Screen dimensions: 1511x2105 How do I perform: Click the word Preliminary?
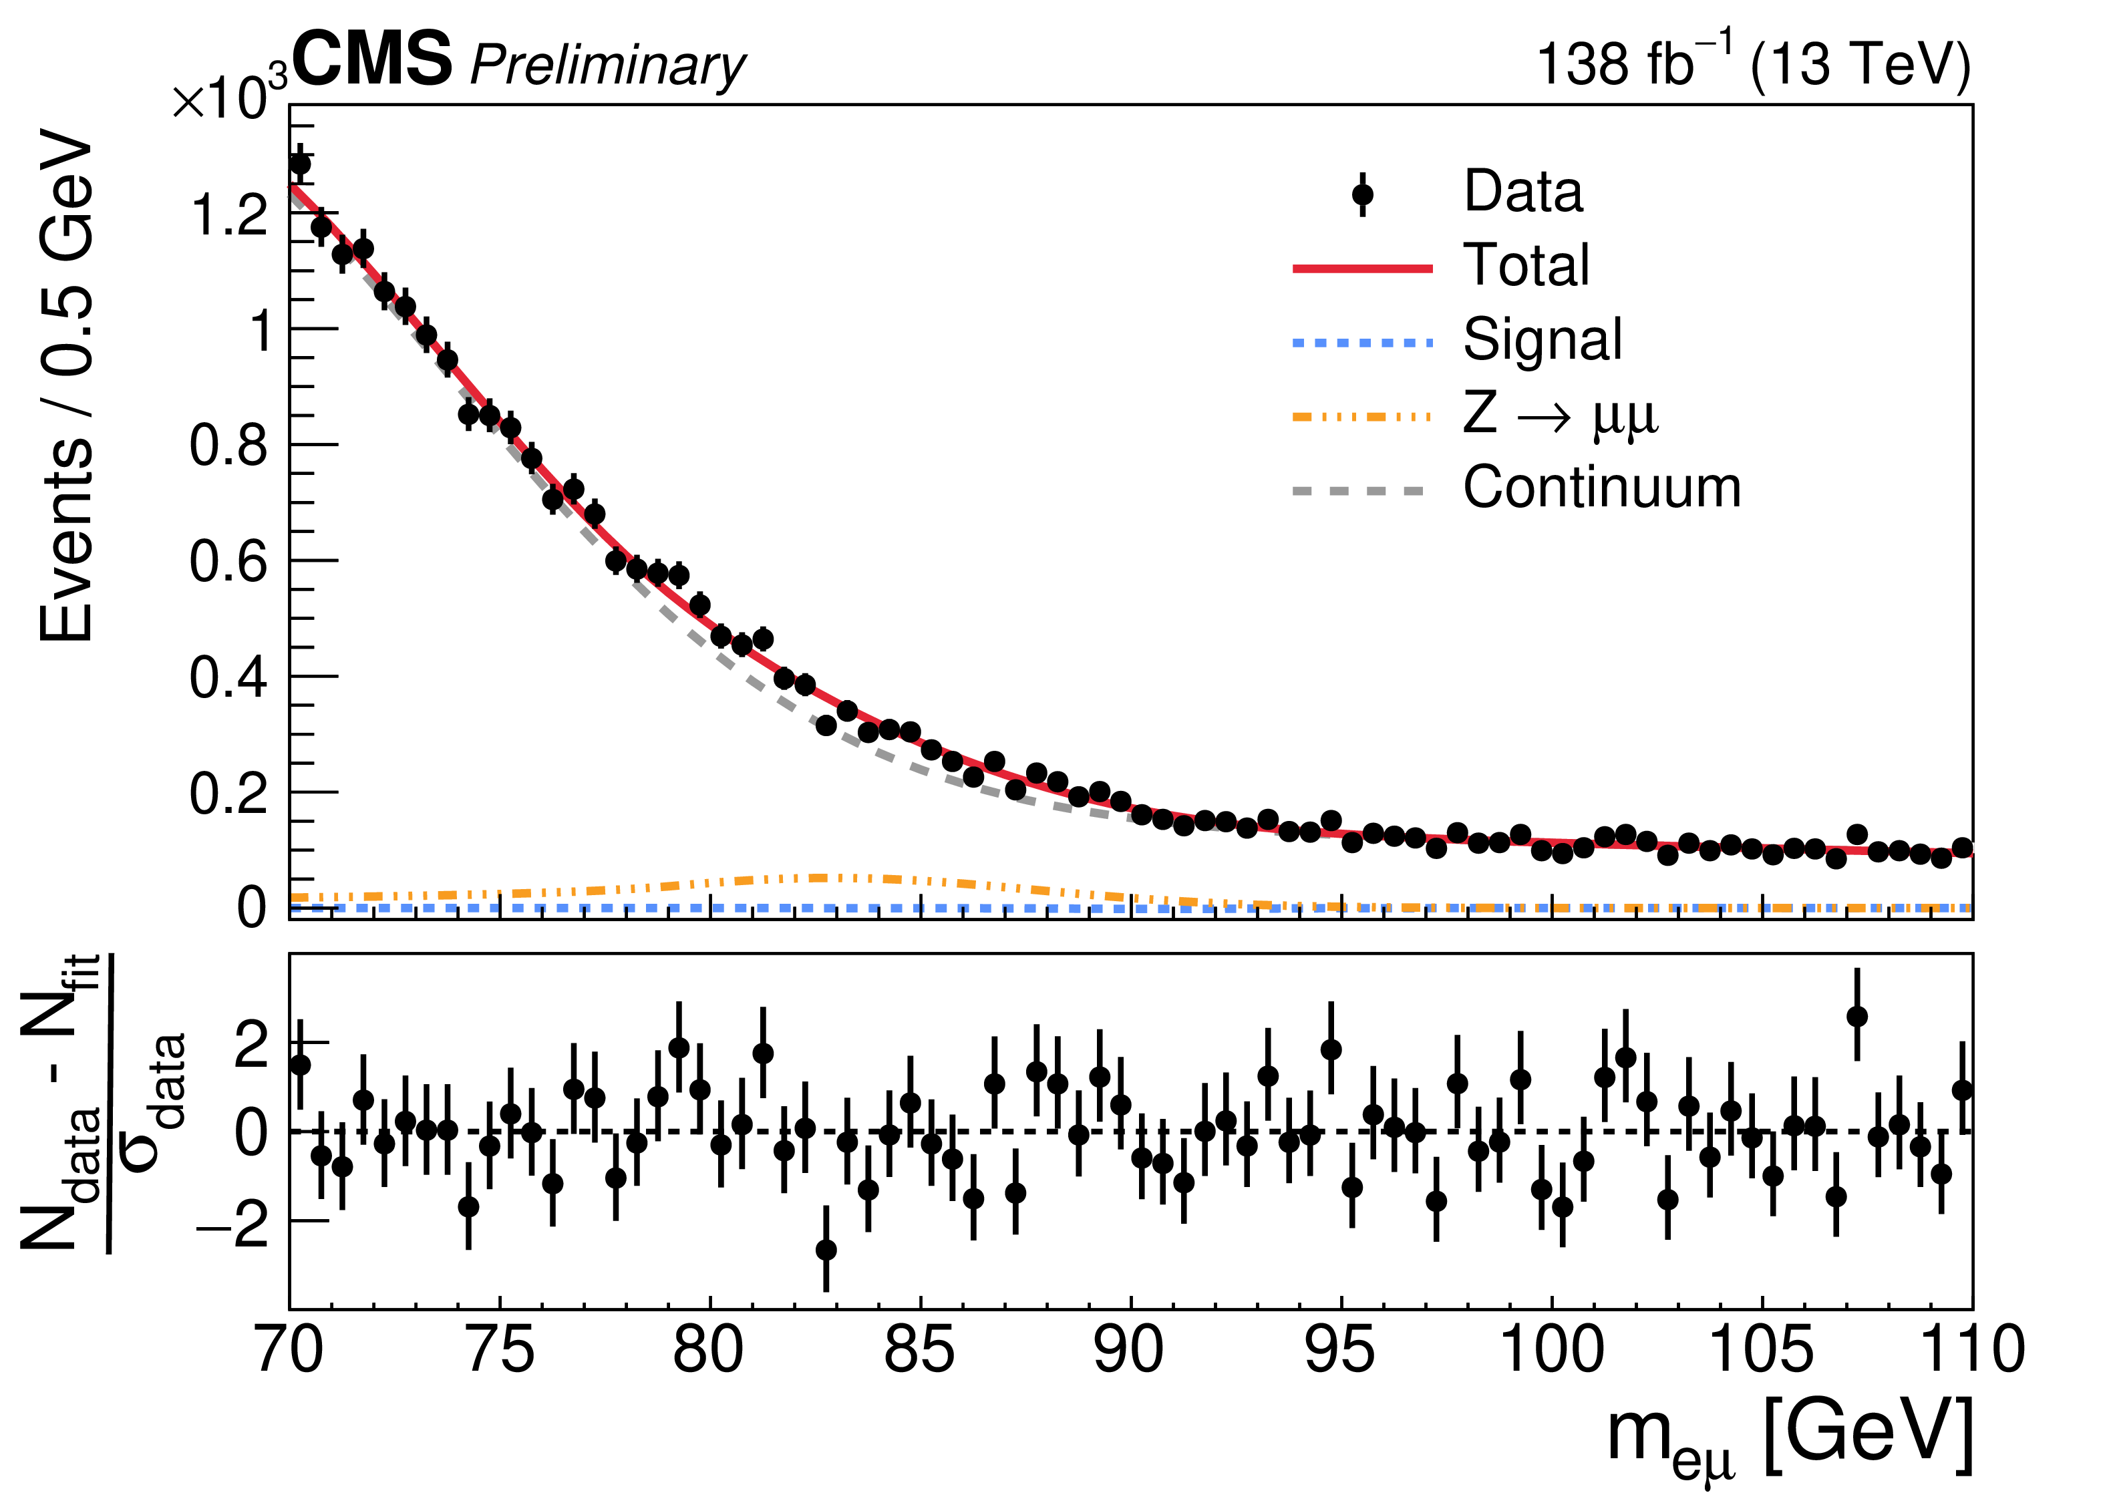608,67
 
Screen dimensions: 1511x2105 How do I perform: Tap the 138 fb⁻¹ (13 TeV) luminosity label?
1752,63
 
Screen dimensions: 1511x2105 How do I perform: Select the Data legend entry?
1522,192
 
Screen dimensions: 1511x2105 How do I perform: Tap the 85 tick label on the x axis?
919,1351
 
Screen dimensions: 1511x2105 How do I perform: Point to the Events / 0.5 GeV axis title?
67,390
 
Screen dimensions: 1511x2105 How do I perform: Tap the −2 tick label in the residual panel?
232,1224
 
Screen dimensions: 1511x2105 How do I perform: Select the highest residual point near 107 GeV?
1857,1016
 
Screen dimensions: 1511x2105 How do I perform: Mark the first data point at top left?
300,164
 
